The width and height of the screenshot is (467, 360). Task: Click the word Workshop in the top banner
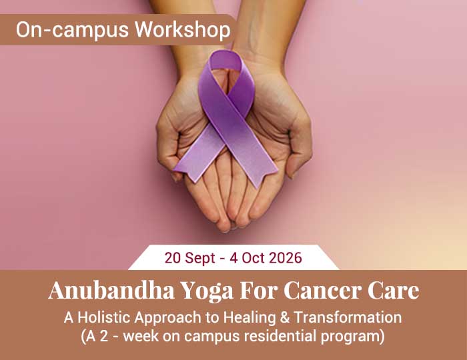click(183, 30)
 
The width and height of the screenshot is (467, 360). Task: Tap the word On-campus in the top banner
click(72, 31)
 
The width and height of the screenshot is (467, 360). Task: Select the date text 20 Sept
click(189, 258)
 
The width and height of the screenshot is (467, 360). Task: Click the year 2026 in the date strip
click(286, 257)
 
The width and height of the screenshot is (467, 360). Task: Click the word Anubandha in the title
click(111, 290)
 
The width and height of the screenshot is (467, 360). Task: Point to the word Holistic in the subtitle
click(105, 317)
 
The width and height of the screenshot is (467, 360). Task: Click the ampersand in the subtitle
click(285, 317)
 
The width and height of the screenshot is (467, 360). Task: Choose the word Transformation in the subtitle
click(348, 317)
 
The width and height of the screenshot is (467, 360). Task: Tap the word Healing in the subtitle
click(250, 318)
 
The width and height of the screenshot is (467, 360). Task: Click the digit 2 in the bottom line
click(103, 336)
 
